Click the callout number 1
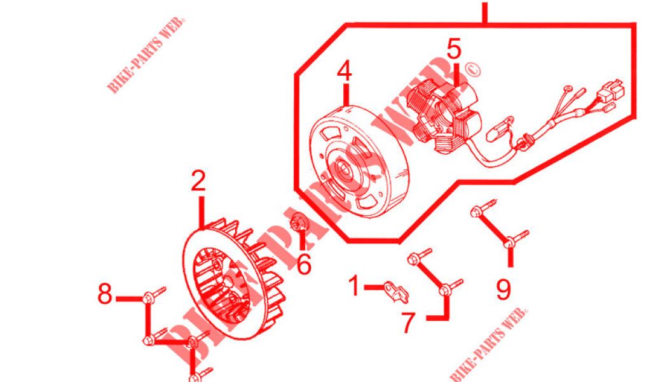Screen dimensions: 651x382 tap(354, 286)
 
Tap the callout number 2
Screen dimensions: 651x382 tap(198, 181)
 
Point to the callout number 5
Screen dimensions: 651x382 tap(454, 48)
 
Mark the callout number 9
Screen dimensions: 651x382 tap(504, 289)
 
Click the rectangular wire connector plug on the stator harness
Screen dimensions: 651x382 tap(608, 90)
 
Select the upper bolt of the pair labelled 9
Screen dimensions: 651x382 tap(484, 208)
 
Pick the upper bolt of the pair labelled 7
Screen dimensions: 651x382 tap(420, 256)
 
